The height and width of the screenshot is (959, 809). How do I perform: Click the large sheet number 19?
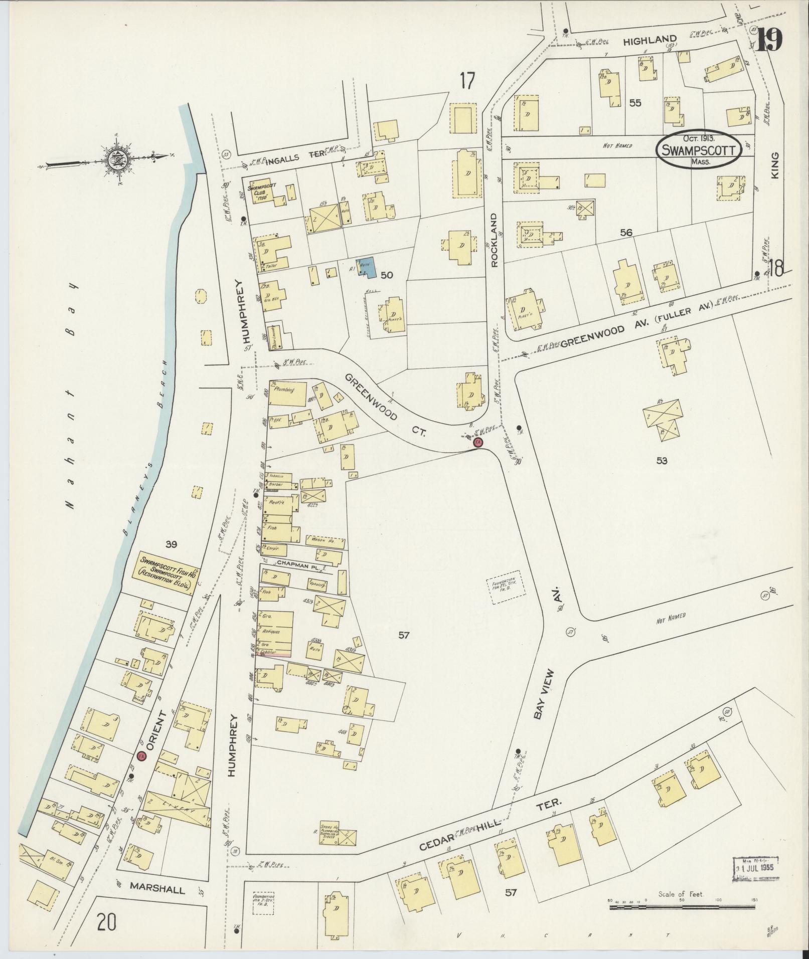point(769,39)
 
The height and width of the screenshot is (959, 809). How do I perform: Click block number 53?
point(662,460)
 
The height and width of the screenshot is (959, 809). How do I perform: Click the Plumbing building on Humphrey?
point(288,394)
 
